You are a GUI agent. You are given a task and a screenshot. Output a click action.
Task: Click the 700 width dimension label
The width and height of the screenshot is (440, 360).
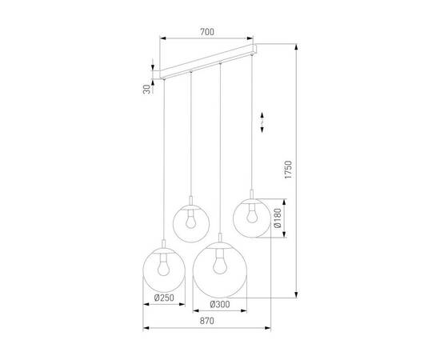click(206, 32)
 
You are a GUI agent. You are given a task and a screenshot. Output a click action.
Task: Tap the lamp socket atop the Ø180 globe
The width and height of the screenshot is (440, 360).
click(251, 194)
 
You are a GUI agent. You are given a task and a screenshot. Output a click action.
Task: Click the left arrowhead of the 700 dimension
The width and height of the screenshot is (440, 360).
click(163, 38)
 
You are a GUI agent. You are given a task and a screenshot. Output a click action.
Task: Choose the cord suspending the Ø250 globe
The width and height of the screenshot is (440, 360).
click(163, 160)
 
